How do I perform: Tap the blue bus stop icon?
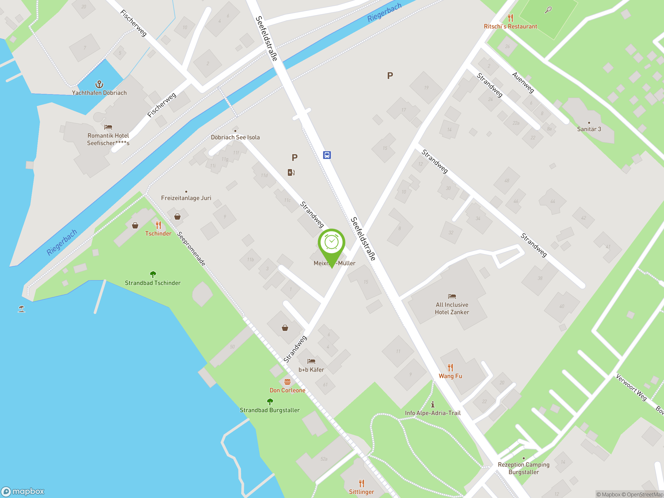click(x=327, y=155)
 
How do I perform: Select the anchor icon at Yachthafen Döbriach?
click(x=99, y=84)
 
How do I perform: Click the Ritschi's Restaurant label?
click(x=510, y=26)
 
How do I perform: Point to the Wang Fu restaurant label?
click(x=450, y=376)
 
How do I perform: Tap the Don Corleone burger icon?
click(x=287, y=382)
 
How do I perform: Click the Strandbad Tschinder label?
click(x=153, y=283)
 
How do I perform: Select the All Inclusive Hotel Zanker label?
click(x=452, y=308)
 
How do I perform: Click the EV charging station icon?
click(x=291, y=172)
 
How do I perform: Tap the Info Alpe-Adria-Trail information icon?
click(x=433, y=404)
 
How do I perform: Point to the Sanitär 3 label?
click(x=589, y=129)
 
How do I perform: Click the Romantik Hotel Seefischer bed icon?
click(x=108, y=127)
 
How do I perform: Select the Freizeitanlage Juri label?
click(x=186, y=198)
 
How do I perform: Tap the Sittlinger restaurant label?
click(x=361, y=492)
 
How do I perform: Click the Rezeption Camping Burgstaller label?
click(x=523, y=468)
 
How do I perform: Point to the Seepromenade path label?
click(x=191, y=248)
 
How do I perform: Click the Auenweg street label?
click(x=523, y=82)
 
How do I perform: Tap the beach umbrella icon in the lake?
click(x=21, y=309)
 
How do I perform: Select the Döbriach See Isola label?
click(x=235, y=137)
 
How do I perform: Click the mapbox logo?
click(x=23, y=492)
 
